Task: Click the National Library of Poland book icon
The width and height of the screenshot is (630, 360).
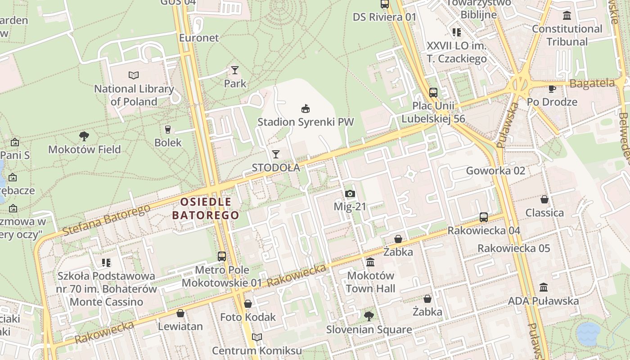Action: point(134,75)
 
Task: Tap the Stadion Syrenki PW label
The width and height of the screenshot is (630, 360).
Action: point(306,122)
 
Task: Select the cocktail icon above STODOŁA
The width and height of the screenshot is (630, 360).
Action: point(276,154)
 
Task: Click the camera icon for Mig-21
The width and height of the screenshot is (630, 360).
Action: point(350,194)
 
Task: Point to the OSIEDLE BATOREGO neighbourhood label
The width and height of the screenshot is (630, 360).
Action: point(206,208)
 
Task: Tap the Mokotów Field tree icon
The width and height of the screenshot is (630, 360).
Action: point(84,136)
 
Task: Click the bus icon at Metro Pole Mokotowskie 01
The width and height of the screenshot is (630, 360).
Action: point(222,256)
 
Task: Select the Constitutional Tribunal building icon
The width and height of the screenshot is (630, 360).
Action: point(567,16)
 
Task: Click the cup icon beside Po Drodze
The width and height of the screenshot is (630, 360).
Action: point(552,89)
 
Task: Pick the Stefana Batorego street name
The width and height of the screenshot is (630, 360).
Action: point(106,220)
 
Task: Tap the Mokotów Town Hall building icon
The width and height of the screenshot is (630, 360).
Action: point(370,262)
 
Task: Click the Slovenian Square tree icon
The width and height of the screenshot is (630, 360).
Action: point(369,316)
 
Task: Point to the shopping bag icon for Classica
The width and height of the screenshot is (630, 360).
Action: point(544,199)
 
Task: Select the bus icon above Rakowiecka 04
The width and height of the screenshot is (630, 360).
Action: point(484,217)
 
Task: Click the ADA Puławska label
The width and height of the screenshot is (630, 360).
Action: point(543,301)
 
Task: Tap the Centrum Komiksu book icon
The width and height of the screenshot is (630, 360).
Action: point(256,337)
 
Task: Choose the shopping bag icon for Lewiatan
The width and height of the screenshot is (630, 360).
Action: point(180,313)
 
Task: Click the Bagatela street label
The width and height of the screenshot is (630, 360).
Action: point(592,83)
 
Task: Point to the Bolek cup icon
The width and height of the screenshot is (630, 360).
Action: point(168,130)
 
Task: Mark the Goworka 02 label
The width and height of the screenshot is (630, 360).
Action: point(495,171)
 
